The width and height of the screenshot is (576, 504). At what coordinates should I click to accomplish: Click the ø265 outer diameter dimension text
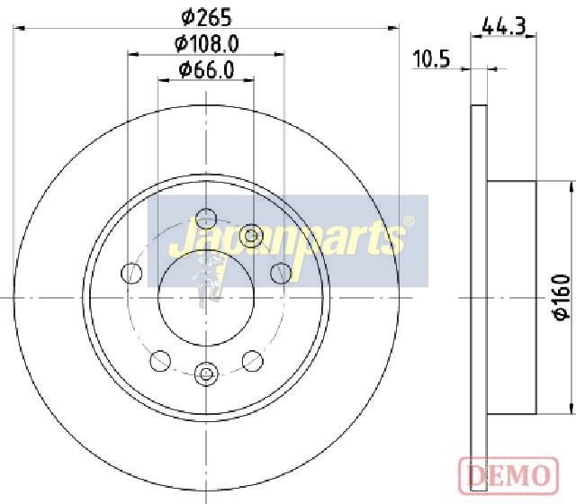(207, 17)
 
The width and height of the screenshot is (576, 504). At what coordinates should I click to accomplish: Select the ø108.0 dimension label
(207, 44)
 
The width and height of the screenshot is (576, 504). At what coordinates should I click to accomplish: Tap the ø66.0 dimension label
(206, 70)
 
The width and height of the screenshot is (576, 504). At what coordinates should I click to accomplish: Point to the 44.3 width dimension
(504, 26)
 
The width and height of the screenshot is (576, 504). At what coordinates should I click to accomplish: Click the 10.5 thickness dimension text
(431, 59)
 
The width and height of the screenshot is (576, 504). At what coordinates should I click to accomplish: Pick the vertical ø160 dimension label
(562, 298)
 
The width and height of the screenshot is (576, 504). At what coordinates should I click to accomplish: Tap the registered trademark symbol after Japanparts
(409, 221)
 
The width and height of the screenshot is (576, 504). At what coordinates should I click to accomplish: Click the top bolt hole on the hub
(206, 219)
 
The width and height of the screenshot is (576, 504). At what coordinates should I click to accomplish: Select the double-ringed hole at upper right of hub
(250, 236)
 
